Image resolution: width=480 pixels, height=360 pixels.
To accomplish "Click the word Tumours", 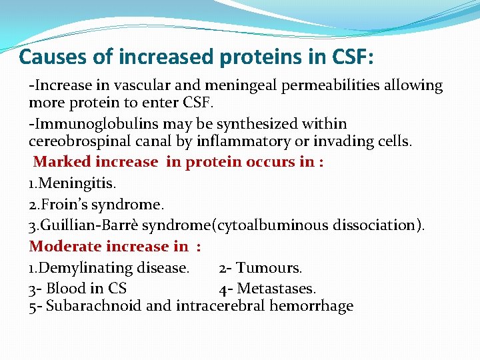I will (x=269, y=268).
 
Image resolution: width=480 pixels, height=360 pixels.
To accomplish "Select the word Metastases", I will (x=276, y=289).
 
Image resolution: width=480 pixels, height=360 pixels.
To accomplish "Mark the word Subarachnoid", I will (x=93, y=307).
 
